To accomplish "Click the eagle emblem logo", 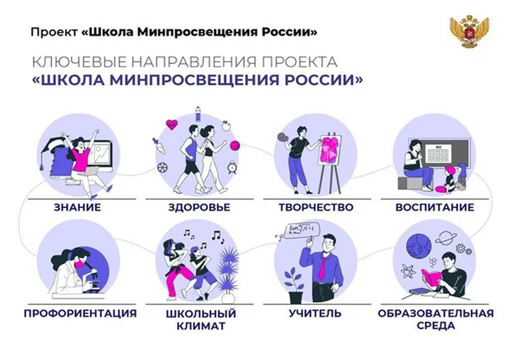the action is click(469, 32).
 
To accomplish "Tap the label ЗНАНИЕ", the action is click(78, 207).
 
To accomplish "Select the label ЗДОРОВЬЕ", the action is click(199, 207).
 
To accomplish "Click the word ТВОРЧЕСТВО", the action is click(316, 207).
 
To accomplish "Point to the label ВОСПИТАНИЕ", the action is click(435, 207).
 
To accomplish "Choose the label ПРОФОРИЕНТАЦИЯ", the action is click(80, 313).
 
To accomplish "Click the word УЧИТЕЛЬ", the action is click(315, 313).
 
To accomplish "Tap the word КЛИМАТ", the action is click(201, 326).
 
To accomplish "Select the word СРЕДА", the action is click(436, 326).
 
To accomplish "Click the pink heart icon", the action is click(172, 124).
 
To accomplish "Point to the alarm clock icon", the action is click(232, 167).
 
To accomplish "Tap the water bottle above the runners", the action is click(198, 113).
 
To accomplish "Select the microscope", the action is click(92, 280).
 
